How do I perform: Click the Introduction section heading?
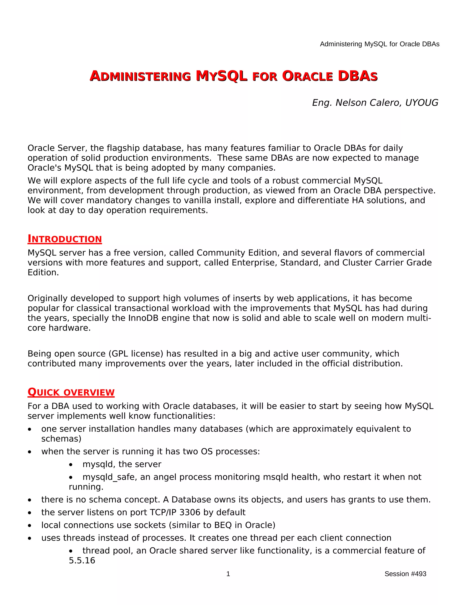pyautogui.click(x=65, y=239)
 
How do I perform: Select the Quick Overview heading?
pyautogui.click(x=71, y=392)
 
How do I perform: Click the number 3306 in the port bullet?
pyautogui.click(x=190, y=512)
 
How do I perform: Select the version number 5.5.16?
pyautogui.click(x=82, y=560)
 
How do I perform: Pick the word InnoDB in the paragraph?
pyautogui.click(x=143, y=318)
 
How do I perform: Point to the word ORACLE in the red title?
pyautogui.click(x=307, y=76)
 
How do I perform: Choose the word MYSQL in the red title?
pyautogui.click(x=221, y=76)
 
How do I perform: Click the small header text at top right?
pyautogui.click(x=380, y=44)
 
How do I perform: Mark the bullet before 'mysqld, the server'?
pyautogui.click(x=71, y=465)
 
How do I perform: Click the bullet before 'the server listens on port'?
pyautogui.click(x=30, y=513)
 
